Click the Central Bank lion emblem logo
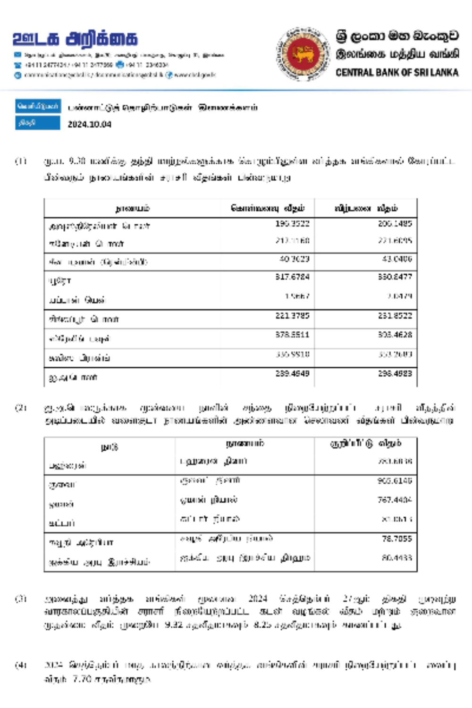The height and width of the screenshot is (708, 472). (303, 53)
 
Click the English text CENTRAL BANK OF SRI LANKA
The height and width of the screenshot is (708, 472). (397, 72)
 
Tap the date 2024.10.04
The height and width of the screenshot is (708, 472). (89, 125)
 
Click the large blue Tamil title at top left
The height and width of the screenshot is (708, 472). (75, 39)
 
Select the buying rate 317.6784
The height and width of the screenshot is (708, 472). (292, 277)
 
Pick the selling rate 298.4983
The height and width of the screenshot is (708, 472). (395, 373)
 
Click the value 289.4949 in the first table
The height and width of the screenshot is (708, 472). (292, 373)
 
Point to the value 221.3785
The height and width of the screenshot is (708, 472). (292, 315)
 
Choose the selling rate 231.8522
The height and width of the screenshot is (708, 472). (395, 315)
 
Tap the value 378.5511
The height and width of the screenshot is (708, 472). (292, 335)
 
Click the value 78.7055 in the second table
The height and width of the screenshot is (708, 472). (396, 539)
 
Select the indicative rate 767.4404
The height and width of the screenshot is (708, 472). (395, 500)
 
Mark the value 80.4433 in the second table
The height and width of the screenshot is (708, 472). (396, 558)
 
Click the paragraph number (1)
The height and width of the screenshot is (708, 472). (21, 161)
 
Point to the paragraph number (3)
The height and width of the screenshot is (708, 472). (21, 599)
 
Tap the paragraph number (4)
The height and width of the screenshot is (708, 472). (21, 665)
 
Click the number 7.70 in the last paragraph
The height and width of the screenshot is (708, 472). (82, 679)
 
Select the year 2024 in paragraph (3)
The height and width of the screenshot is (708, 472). (258, 599)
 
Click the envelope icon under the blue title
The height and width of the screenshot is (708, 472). (18, 55)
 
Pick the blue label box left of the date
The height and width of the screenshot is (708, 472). (38, 123)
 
